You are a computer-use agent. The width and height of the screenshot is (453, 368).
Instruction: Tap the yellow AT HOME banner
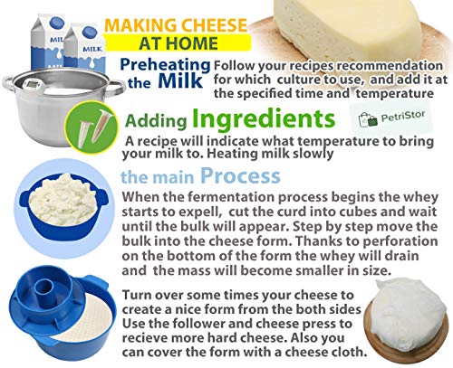(x=178, y=42)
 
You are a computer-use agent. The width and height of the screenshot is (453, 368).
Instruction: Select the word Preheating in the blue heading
(x=165, y=65)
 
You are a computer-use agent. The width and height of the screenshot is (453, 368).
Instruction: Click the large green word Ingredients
(x=264, y=118)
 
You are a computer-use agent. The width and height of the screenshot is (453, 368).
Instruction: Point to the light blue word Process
(x=240, y=175)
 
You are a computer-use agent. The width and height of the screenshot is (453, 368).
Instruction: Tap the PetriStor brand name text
(x=403, y=116)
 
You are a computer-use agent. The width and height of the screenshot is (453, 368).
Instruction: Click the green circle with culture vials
(x=92, y=127)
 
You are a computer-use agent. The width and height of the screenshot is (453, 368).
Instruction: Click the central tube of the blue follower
(x=44, y=288)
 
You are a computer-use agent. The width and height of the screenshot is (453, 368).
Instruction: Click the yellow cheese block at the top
(x=347, y=27)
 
